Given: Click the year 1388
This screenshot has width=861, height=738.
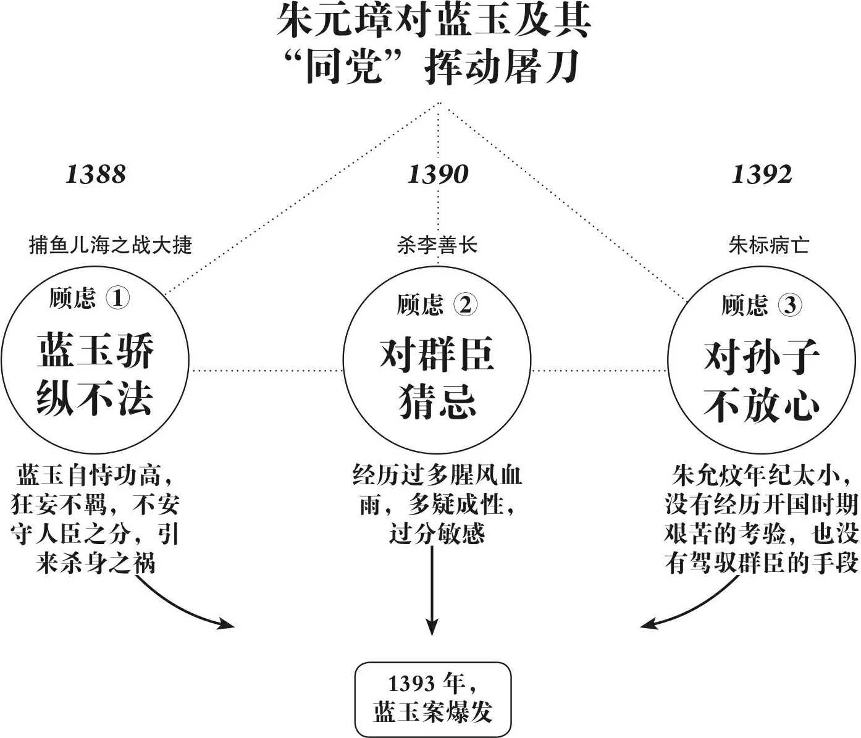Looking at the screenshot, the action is click(x=95, y=174).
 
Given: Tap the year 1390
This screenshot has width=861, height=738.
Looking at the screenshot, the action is click(x=438, y=174).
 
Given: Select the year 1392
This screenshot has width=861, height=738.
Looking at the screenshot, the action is click(x=762, y=174).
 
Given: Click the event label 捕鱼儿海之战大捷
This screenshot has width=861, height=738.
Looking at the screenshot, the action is click(x=111, y=245).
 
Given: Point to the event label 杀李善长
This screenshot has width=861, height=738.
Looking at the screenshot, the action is click(x=437, y=245).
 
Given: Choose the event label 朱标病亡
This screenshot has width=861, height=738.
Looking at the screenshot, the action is click(x=768, y=245).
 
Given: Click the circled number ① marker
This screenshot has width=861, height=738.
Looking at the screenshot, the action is click(x=117, y=298).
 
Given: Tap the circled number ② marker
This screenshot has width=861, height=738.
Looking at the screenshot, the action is click(x=465, y=304).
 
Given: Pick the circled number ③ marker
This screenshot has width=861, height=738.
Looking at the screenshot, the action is click(x=790, y=304).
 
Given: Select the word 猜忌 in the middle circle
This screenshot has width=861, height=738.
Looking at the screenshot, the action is click(x=437, y=401).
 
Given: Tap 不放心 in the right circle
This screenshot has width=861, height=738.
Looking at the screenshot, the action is click(x=762, y=405).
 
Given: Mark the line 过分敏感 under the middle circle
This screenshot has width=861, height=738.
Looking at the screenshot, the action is click(x=437, y=534).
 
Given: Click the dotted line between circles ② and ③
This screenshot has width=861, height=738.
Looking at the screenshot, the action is click(x=599, y=370).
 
